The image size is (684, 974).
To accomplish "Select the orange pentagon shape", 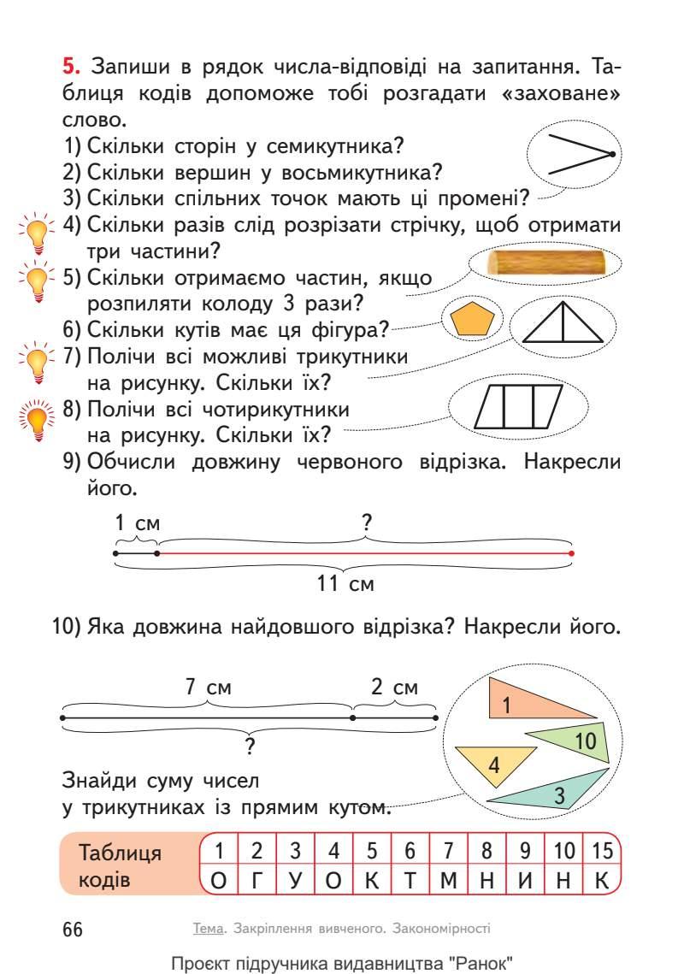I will click(473, 319).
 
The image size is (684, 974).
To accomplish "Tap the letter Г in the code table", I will click(255, 880).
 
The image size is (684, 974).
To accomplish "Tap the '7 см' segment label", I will click(209, 687).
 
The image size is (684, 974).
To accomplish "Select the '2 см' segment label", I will click(394, 687).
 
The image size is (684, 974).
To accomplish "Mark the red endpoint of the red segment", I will click(571, 553).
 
